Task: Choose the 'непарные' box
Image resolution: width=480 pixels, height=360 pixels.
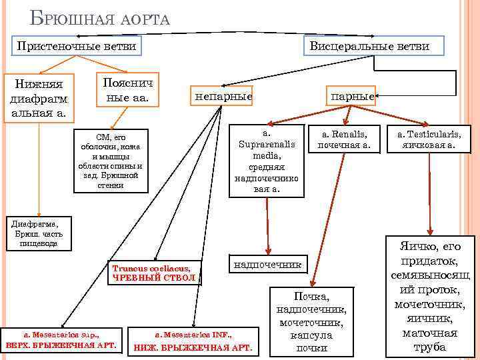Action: [223, 97]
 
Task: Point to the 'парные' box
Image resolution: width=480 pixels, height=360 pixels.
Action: [351, 95]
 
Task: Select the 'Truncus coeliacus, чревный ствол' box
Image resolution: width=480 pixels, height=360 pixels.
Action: [154, 272]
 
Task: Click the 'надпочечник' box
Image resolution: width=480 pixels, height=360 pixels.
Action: [268, 265]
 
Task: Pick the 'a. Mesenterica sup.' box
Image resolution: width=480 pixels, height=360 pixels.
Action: [61, 340]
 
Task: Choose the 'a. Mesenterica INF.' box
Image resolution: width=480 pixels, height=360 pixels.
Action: [193, 341]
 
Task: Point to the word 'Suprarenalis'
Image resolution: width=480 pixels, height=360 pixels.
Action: [267, 143]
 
